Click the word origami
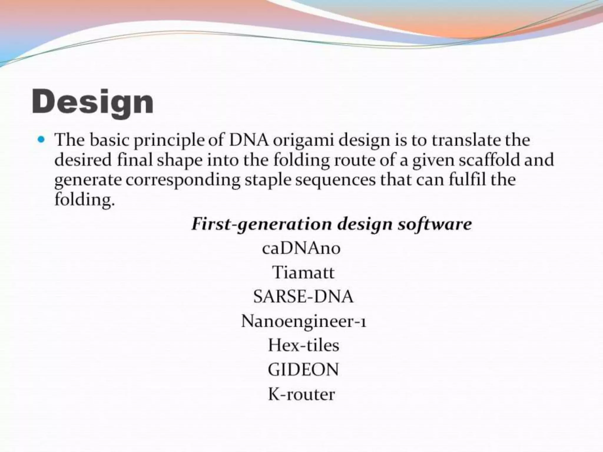point(303,141)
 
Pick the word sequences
point(336,180)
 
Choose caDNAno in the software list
point(301,248)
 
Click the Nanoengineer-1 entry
point(304,321)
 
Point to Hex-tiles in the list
point(304,345)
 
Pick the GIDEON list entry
point(303,370)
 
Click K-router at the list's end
point(301,394)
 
